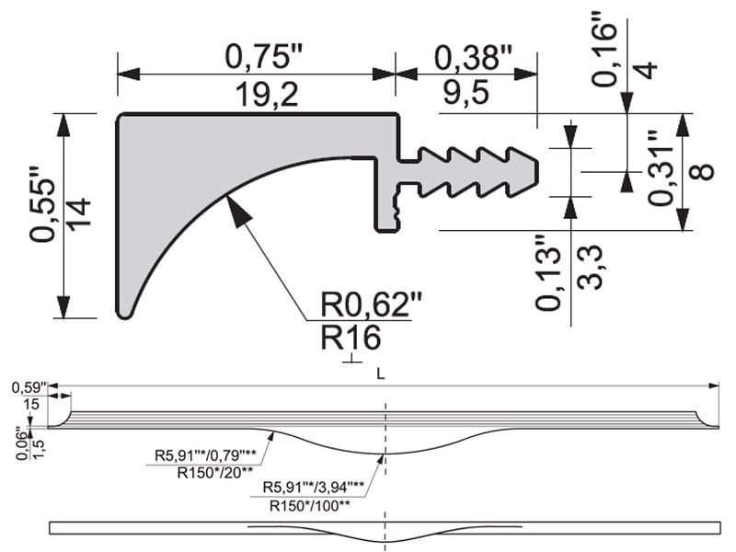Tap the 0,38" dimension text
click(x=472, y=58)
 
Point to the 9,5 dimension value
click(x=473, y=93)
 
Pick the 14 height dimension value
click(x=79, y=214)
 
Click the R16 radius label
click(x=351, y=339)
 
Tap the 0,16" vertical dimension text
click(x=607, y=49)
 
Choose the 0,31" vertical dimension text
click(x=656, y=167)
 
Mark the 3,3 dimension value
click(x=590, y=267)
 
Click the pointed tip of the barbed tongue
click(x=537, y=168)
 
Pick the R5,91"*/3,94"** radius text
click(x=314, y=487)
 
